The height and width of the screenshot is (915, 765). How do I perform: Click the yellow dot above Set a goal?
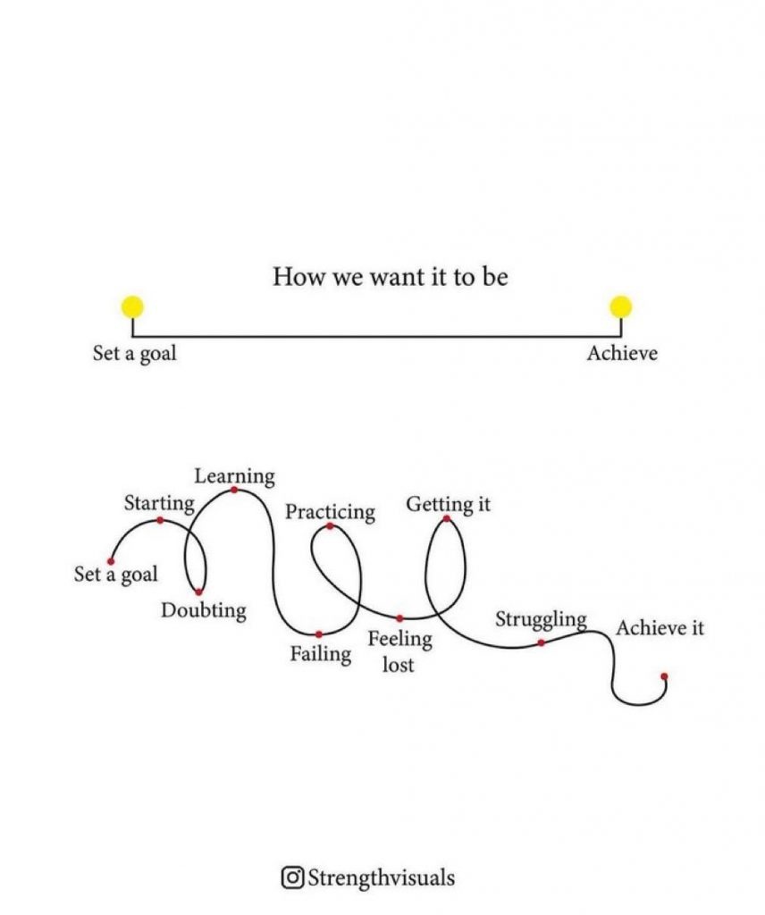[x=132, y=307]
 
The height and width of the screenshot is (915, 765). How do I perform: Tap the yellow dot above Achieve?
[x=620, y=307]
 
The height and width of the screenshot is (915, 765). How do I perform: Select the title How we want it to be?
[x=390, y=277]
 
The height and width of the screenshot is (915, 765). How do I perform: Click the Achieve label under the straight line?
[x=622, y=353]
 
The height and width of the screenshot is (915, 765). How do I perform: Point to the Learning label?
[x=234, y=476]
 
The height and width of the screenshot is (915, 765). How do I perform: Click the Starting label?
[x=159, y=503]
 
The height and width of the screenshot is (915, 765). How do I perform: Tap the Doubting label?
[x=204, y=610]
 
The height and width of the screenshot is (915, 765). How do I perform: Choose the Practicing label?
[x=331, y=512]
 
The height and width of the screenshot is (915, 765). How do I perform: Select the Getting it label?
[x=448, y=504]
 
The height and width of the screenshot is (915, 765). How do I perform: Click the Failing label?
[x=321, y=653]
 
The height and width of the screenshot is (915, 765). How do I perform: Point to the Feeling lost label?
[x=399, y=651]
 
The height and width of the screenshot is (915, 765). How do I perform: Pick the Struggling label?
[x=541, y=620]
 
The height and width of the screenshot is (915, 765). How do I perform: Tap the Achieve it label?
[x=660, y=628]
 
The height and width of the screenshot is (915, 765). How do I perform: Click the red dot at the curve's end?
[x=664, y=676]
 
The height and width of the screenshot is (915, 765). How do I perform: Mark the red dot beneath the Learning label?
[x=234, y=491]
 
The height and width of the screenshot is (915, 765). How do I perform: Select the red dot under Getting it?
[x=446, y=518]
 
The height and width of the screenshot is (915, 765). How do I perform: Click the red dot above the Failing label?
[x=319, y=634]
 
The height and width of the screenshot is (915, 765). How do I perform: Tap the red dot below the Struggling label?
[x=542, y=642]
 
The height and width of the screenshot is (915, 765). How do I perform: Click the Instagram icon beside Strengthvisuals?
[x=292, y=877]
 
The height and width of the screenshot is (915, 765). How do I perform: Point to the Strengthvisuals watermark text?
[x=381, y=877]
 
